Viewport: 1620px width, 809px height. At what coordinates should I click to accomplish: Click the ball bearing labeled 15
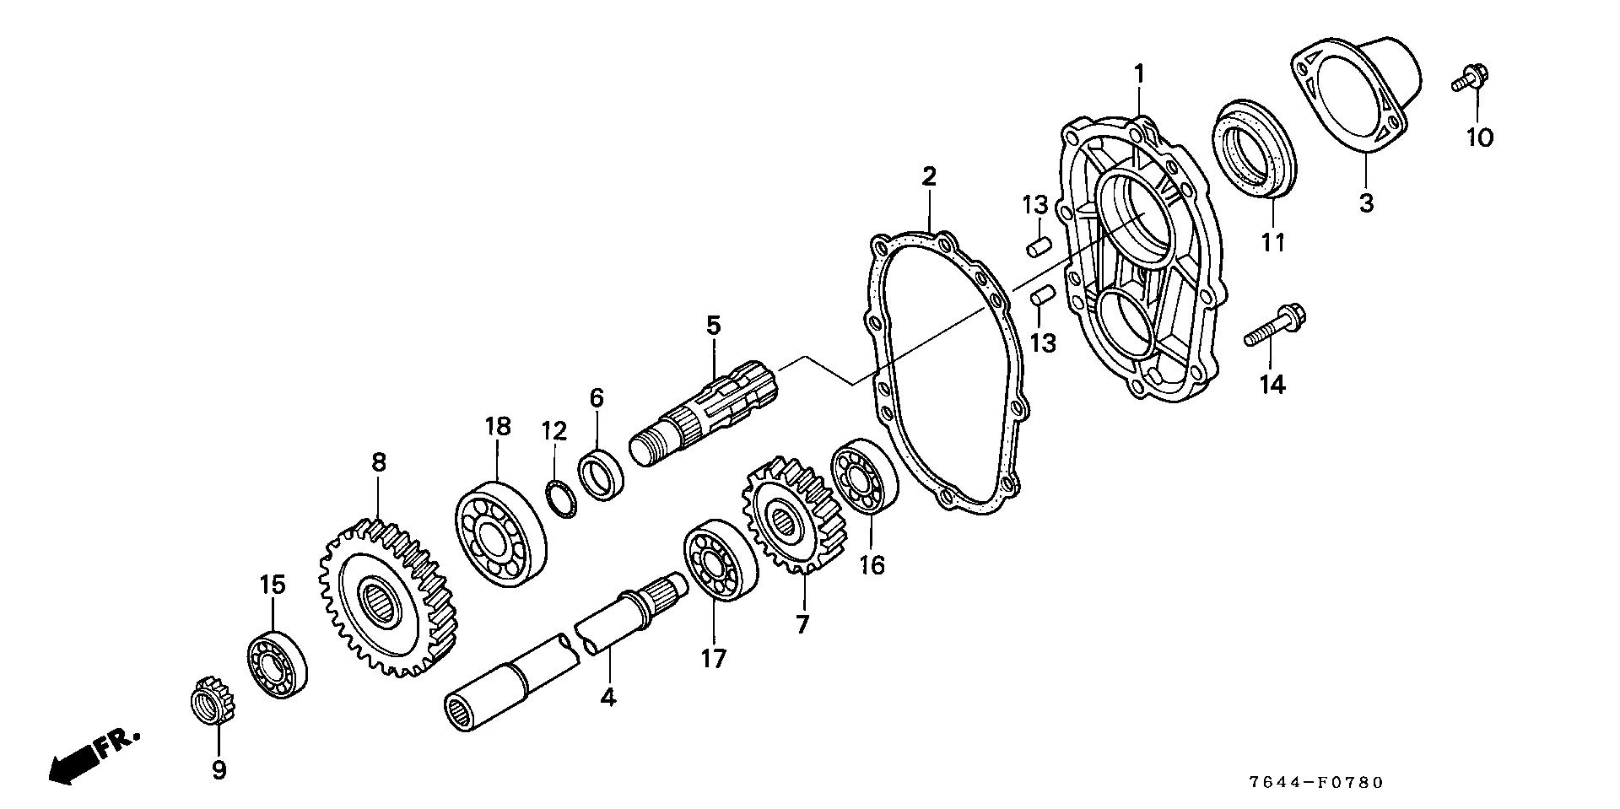point(276,663)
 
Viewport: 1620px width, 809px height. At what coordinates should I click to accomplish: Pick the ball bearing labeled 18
point(499,534)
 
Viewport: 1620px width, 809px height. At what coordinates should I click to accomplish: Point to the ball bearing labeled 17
point(720,560)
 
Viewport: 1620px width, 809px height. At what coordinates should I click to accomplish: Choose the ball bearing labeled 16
point(864,477)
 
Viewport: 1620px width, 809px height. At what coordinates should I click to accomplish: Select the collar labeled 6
point(601,476)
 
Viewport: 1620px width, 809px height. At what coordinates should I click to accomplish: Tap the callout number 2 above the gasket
point(928,177)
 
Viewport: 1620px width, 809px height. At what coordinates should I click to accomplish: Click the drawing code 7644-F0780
point(1316,783)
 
